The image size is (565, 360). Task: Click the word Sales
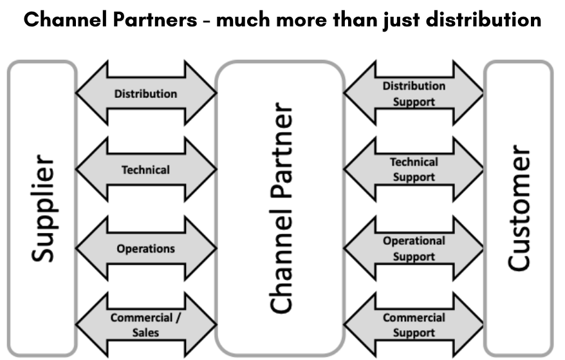(x=145, y=333)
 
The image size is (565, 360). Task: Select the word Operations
(x=145, y=249)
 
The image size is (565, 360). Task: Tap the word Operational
(x=414, y=241)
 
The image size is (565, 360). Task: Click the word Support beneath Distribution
(x=414, y=102)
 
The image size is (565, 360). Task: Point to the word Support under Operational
(x=414, y=256)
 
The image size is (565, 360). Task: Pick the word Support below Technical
(x=414, y=177)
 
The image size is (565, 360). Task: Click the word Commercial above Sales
(x=141, y=317)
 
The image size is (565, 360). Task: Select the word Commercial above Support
(x=414, y=317)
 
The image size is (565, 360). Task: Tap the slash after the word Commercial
(x=178, y=317)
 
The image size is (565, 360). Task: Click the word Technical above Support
(x=414, y=162)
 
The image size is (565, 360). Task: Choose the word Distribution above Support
(x=414, y=86)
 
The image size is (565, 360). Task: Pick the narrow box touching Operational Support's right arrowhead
(x=518, y=249)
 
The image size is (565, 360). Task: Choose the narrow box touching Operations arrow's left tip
(x=42, y=249)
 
